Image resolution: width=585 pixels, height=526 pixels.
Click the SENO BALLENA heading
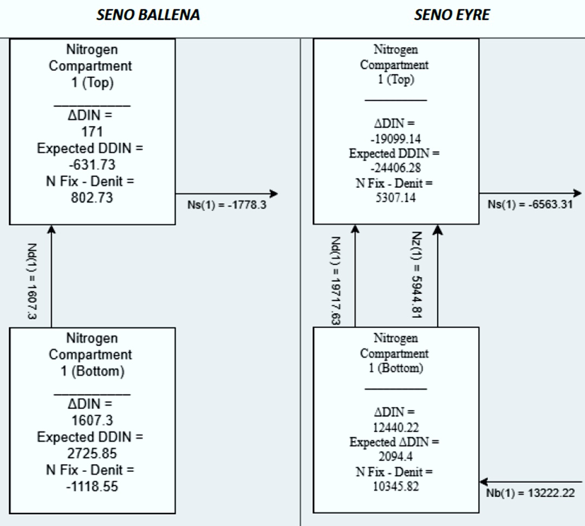click(x=148, y=15)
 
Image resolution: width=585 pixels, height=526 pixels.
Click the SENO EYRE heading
click(x=452, y=15)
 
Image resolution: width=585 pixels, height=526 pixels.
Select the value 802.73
click(x=92, y=198)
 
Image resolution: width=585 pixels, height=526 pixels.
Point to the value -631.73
click(x=92, y=165)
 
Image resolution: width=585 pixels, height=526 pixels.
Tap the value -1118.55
click(x=92, y=486)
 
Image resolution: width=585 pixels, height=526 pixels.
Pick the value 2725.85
click(x=92, y=453)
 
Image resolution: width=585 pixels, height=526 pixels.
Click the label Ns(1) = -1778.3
click(x=227, y=205)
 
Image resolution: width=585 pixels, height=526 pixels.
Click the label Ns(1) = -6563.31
click(x=530, y=205)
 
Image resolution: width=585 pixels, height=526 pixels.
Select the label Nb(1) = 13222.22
click(x=530, y=493)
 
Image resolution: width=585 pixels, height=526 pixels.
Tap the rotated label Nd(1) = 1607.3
click(x=32, y=281)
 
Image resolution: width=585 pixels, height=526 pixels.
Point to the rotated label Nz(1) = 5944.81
click(x=417, y=275)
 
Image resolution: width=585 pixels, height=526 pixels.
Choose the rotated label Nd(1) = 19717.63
click(x=335, y=281)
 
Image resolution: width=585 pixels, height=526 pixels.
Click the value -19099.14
click(x=395, y=139)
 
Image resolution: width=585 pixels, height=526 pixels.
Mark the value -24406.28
click(x=395, y=168)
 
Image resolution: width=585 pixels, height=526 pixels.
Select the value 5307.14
click(x=395, y=197)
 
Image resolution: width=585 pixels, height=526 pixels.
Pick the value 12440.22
click(x=395, y=427)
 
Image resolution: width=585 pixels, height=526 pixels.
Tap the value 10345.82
click(x=395, y=486)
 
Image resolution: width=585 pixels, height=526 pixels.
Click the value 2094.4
click(x=395, y=456)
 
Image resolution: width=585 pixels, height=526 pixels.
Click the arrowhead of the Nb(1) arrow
click(x=484, y=482)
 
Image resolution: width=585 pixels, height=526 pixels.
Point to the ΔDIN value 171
click(x=92, y=131)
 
